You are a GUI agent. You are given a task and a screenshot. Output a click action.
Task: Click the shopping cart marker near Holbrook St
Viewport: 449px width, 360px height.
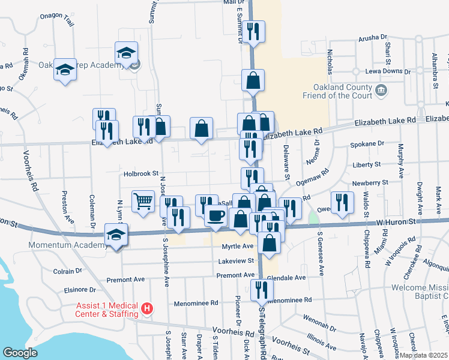pos(143,202)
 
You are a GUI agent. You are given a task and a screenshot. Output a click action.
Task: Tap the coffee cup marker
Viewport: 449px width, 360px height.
pos(216,215)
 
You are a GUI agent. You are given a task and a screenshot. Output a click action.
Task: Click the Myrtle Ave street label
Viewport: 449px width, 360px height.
pos(238,246)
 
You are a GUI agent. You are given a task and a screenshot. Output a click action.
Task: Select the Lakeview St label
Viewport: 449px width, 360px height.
pos(236,261)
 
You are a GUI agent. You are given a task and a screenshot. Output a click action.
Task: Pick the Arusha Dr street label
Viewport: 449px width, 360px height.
pos(373,37)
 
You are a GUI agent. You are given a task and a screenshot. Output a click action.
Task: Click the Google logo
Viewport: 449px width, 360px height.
pos(20,353)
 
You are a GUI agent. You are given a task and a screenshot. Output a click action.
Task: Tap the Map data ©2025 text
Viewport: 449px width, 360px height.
pos(423,355)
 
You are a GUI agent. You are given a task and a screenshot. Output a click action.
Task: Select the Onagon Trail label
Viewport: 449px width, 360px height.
pos(56,19)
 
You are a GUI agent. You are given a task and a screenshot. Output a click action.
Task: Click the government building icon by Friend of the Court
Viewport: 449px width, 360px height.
pos(381,91)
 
